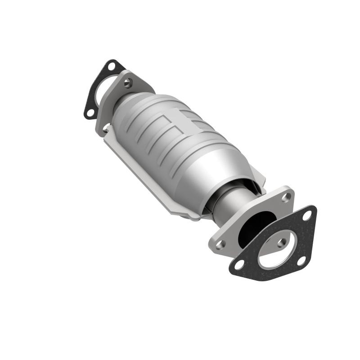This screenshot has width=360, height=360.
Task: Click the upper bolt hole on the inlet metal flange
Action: [128, 82]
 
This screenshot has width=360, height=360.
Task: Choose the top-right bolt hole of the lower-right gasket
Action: [307, 216]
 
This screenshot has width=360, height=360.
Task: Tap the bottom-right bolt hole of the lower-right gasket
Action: [301, 260]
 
